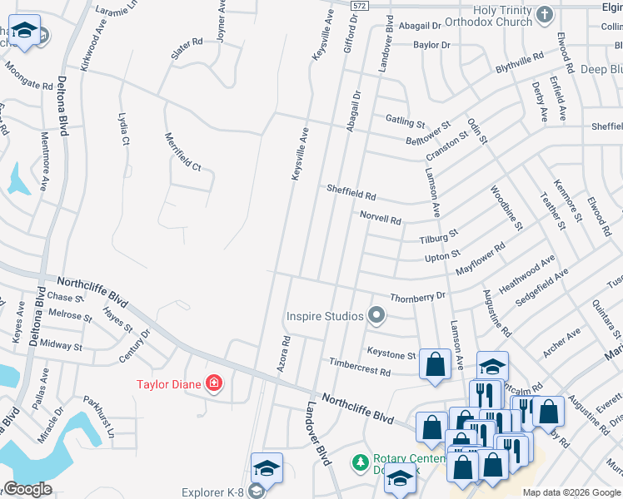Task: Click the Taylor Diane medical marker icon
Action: point(215,383)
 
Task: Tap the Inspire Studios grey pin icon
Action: point(376,315)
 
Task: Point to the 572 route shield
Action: point(359,6)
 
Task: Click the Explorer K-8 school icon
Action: point(267,468)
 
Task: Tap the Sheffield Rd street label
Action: point(351,193)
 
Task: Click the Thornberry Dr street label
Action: point(418,296)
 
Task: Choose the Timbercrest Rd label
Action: point(359,367)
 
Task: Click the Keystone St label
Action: point(391,353)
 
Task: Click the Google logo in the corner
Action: point(27,489)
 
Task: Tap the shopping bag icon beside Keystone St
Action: point(435,363)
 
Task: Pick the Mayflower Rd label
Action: point(481,260)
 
